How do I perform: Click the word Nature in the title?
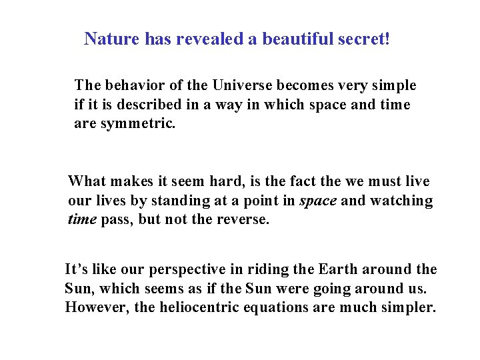point(111,39)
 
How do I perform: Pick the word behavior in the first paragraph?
point(131,85)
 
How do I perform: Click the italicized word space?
point(318,201)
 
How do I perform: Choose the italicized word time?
point(83,220)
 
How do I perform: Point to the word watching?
point(400,201)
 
